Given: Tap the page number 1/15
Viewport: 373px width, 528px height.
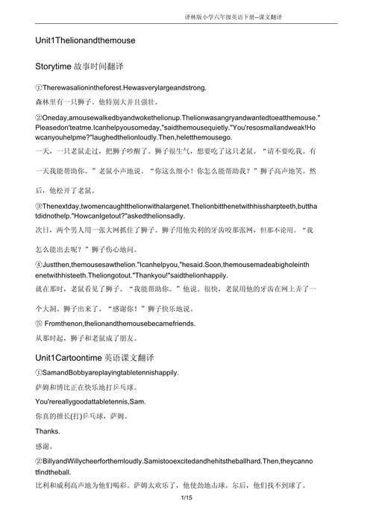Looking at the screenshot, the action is tap(186, 518).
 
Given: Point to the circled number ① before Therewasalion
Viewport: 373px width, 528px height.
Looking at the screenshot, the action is tap(39, 87).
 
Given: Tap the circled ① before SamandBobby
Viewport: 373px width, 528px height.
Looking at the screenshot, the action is tap(39, 372).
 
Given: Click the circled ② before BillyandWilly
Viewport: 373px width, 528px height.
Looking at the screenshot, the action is tap(39, 460).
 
